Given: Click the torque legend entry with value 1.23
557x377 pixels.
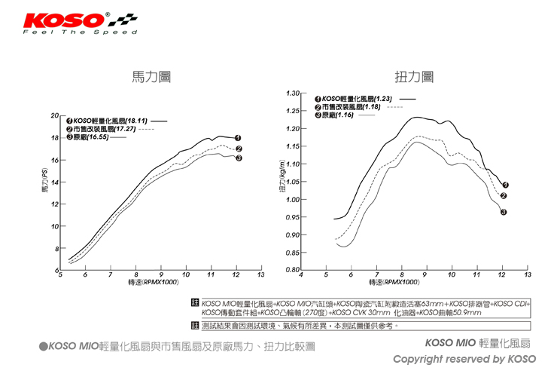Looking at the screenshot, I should pos(358,99).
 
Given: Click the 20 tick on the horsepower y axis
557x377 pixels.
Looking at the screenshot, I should pos(53,116).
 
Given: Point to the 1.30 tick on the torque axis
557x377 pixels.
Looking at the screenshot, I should pos(294,93).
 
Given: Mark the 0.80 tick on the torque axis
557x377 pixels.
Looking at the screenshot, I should pos(294,270).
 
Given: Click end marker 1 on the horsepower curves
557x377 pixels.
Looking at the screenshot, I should pos(238,138).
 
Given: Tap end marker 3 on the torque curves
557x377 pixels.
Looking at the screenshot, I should pos(504,212).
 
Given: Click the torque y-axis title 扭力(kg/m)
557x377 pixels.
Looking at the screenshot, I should pos(282,181).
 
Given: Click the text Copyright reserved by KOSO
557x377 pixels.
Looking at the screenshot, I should pos(464,359).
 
